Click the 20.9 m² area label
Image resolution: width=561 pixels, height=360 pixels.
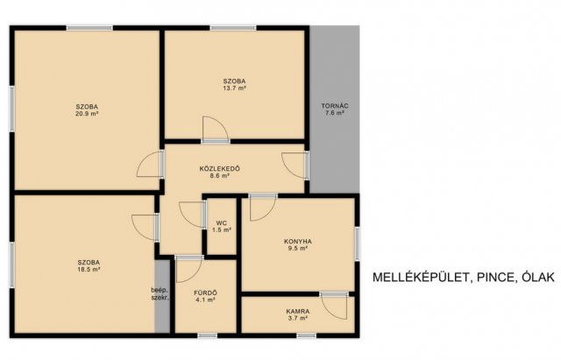coord(87,114)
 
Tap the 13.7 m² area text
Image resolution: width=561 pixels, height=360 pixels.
coord(234,88)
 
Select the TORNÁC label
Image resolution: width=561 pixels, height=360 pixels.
coord(335,106)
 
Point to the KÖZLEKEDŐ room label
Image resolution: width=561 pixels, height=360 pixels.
coord(220,169)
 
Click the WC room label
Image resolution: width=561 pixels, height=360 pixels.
coord(222,223)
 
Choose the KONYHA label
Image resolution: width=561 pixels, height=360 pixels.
coord(298,241)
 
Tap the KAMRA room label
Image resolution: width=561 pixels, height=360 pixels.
coord(298,311)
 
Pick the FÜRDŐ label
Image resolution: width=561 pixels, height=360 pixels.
coord(205,293)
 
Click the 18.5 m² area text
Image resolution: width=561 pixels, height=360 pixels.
coord(89,269)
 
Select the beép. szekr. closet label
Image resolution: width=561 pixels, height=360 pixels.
coord(160,293)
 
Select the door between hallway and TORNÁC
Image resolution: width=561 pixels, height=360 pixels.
coord(295,166)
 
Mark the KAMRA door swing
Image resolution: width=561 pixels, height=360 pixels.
coord(334,306)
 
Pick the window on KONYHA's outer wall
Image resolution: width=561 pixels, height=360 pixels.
coord(357,244)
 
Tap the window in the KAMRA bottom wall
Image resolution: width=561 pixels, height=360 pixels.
coord(307,335)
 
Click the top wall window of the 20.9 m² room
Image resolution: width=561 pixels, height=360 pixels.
coord(89,28)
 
